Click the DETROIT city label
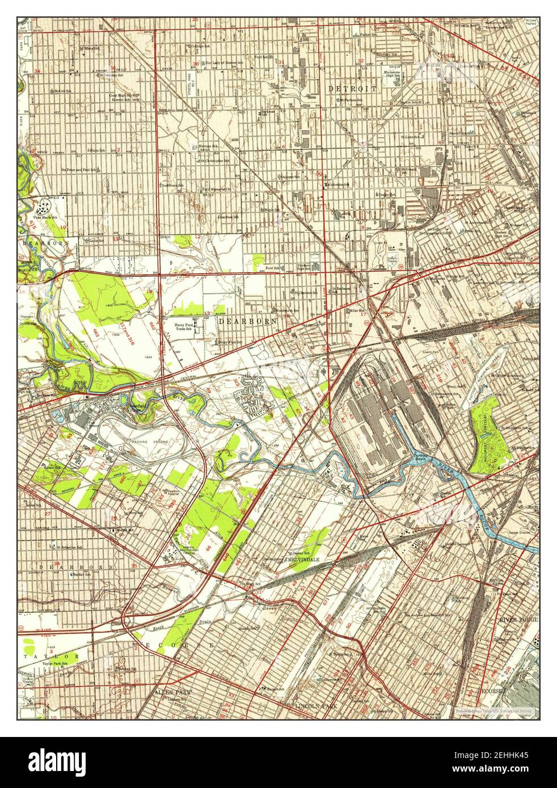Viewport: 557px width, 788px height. tap(352, 89)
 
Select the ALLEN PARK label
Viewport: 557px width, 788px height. tap(170, 693)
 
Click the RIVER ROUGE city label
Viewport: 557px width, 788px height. tap(518, 620)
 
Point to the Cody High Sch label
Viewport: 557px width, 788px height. tap(121, 96)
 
